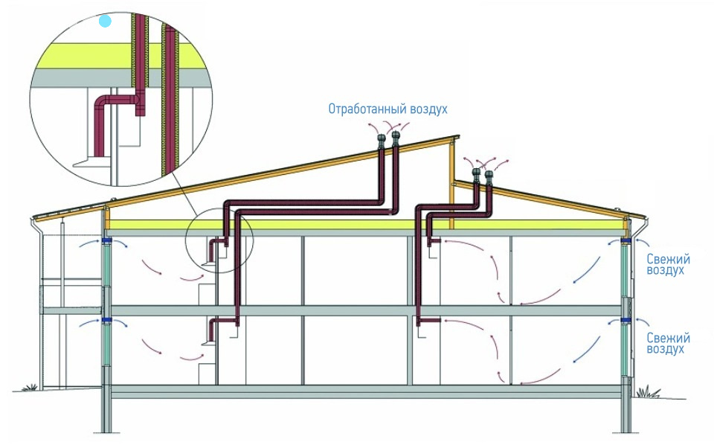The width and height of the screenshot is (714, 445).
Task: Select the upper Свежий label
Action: pos(668,259)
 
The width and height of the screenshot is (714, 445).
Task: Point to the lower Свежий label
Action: pos(668,337)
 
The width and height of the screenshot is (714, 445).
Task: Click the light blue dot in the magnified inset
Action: pos(106,22)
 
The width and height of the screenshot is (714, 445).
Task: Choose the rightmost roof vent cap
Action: pos(489,176)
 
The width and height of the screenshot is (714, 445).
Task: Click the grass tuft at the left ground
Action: pos(30,388)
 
